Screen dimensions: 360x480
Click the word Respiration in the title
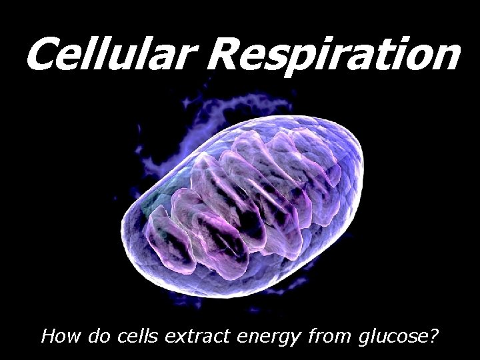[x=333, y=56]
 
